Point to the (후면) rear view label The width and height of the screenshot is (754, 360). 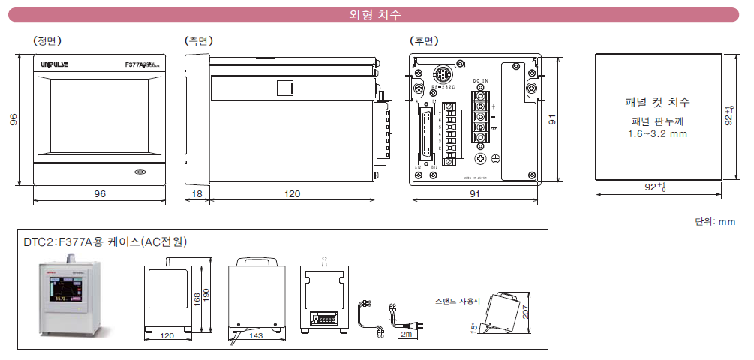click(x=424, y=40)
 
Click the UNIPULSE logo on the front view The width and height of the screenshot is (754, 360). click(x=54, y=65)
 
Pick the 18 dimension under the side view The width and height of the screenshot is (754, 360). click(x=197, y=193)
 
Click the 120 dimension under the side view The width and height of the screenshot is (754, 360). click(x=292, y=193)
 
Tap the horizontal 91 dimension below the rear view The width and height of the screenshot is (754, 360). click(x=475, y=193)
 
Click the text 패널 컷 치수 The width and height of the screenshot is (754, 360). click(x=657, y=102)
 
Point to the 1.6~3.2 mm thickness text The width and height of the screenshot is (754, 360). click(x=657, y=134)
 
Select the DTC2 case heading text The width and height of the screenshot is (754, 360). click(x=105, y=241)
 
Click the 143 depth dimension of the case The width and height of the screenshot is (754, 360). click(x=255, y=336)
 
